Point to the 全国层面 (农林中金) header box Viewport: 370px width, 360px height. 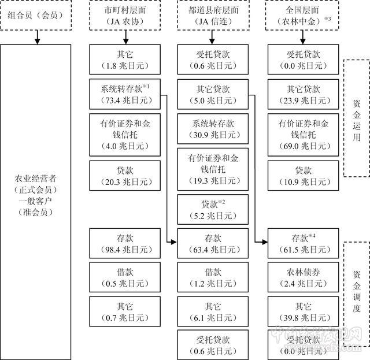(299, 16)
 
